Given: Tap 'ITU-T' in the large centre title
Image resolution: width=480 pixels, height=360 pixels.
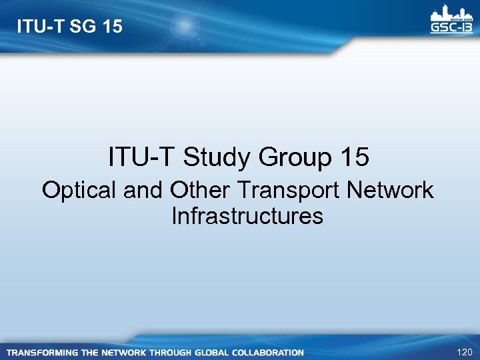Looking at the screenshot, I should point(141,158).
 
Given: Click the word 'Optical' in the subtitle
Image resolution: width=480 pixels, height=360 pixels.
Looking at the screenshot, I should point(79,191).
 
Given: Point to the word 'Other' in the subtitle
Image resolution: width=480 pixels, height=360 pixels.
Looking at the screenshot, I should point(199,191).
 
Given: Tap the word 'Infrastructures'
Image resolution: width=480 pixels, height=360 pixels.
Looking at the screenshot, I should point(247,216).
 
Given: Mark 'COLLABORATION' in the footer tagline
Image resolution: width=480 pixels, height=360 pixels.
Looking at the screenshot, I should point(272,352).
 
